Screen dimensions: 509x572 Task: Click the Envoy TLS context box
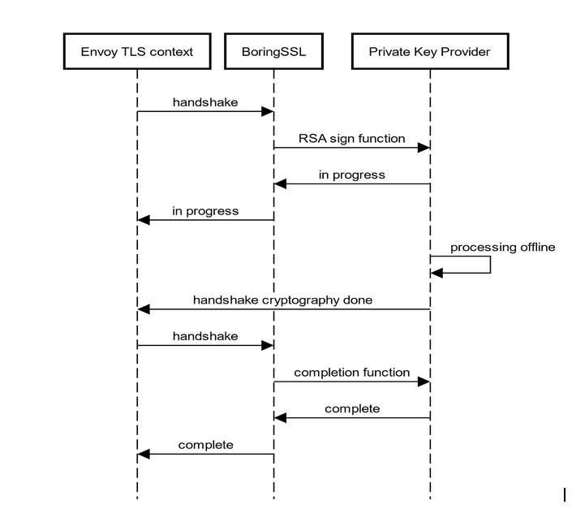[137, 52]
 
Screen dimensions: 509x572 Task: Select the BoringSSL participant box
[273, 52]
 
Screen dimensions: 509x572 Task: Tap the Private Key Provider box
[429, 52]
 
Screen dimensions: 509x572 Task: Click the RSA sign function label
[351, 139]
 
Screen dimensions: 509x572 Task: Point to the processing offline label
[502, 247]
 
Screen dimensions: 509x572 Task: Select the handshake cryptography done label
[282, 300]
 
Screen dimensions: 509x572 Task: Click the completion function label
[351, 373]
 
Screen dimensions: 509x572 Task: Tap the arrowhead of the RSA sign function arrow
[424, 148]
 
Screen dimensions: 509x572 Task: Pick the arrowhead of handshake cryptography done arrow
[144, 309]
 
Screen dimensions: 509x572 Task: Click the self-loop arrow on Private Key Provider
[489, 265]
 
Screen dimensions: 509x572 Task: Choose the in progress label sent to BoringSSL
[351, 175]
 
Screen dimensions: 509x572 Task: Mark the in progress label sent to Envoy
[205, 211]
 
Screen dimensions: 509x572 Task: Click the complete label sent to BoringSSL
[351, 408]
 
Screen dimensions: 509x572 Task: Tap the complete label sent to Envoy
[205, 445]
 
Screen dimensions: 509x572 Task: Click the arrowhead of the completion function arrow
[424, 382]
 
